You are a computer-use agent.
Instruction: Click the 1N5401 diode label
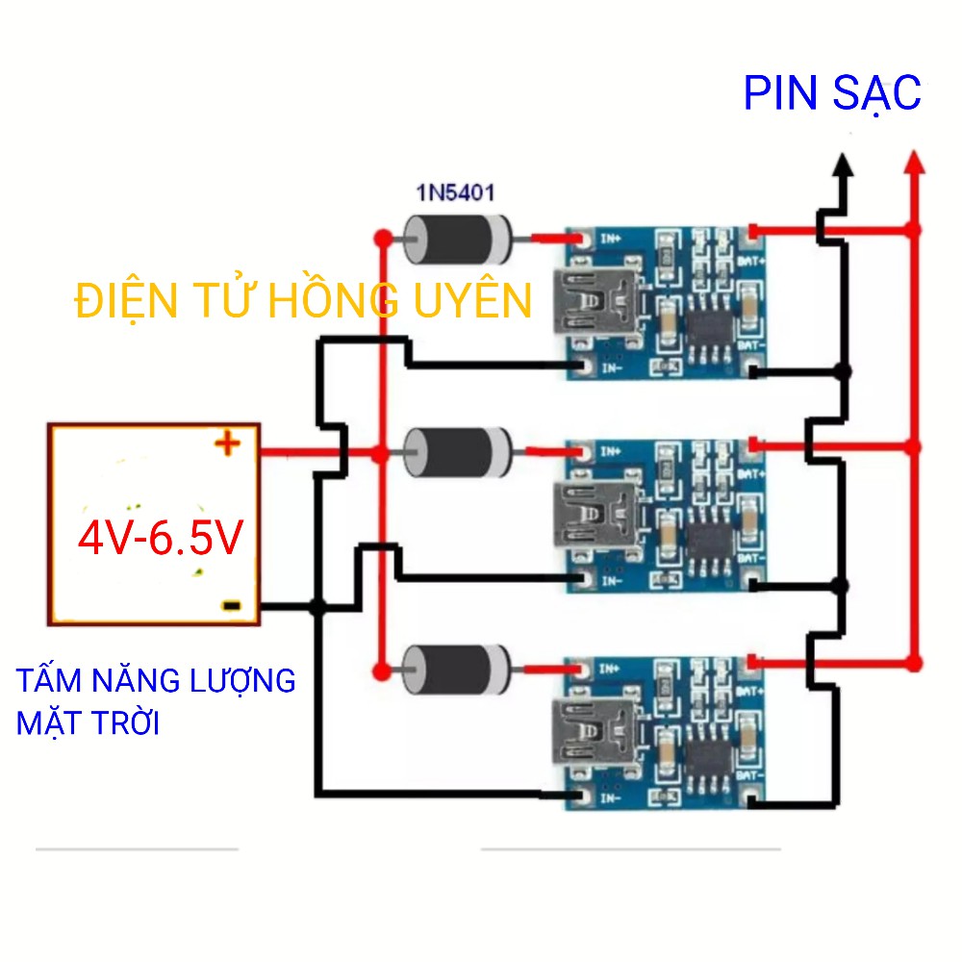point(455,192)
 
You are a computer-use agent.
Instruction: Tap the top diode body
point(458,239)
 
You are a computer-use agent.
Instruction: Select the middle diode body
point(458,452)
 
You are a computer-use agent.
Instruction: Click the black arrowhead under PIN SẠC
point(843,167)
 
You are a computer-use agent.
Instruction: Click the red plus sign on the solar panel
point(227,443)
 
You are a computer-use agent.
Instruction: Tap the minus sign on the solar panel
point(231,605)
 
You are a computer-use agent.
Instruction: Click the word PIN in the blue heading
point(778,94)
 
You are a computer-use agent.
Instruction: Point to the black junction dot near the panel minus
point(317,606)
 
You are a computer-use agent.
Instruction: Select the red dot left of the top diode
point(382,237)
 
